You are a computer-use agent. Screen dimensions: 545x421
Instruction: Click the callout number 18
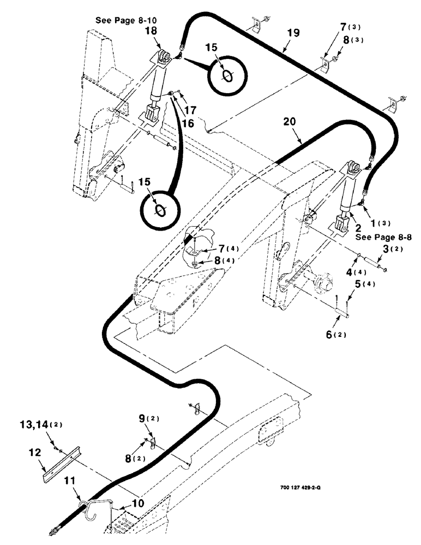151,33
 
